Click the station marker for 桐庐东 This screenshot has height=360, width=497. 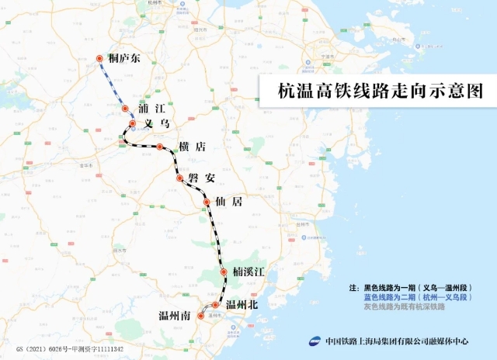[99, 59]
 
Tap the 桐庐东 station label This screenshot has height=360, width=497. [125, 59]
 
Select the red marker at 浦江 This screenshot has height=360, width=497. [125, 109]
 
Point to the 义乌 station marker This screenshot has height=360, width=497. [133, 123]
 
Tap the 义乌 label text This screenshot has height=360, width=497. [156, 124]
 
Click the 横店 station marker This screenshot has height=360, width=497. [160, 146]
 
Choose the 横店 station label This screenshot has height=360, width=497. [191, 147]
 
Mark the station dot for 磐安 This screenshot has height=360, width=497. [180, 178]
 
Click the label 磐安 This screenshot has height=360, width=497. [201, 178]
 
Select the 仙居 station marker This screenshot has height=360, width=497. [207, 202]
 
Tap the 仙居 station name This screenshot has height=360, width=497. [231, 202]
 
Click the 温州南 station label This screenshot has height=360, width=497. [175, 317]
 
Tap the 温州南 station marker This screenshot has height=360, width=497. [200, 317]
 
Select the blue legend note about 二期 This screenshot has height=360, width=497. [419, 297]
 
